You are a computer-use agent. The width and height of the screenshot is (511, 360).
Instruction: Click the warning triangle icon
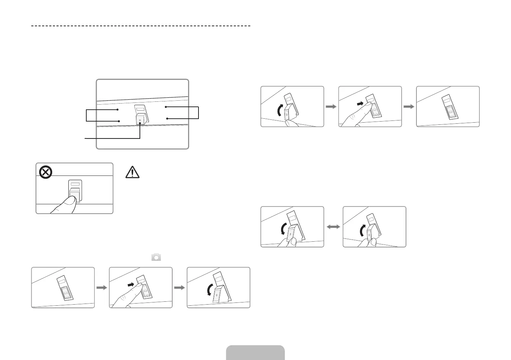[132, 172]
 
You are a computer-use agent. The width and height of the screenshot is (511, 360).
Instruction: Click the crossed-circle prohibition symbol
[45, 173]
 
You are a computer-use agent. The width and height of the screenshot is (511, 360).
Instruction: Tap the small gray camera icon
[156, 257]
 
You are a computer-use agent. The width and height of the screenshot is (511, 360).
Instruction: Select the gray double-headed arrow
[333, 227]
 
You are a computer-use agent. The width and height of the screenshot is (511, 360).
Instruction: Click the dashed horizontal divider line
[141, 26]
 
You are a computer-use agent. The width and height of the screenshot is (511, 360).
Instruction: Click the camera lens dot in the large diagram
[140, 119]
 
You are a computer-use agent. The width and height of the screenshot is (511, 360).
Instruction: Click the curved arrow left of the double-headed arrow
[284, 229]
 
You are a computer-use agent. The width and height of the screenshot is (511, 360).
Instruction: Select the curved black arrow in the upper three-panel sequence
[280, 110]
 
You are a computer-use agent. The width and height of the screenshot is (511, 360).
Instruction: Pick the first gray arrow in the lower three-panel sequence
[102, 288]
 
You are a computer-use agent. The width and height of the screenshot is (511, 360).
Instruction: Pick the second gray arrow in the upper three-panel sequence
[409, 106]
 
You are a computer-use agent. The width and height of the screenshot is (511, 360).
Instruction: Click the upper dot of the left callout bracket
[118, 110]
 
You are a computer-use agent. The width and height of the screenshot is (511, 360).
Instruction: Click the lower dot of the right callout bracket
[167, 118]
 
